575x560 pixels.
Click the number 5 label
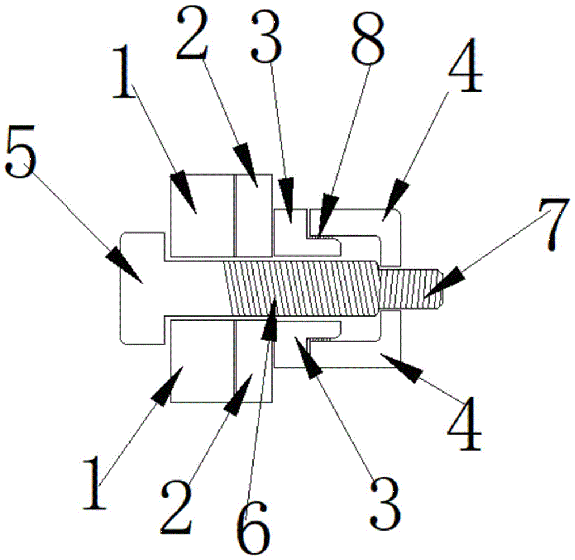click(21, 151)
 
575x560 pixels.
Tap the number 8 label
click(368, 39)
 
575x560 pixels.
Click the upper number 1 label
click(124, 71)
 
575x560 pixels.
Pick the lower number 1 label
click(95, 483)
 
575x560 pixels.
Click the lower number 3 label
click(385, 503)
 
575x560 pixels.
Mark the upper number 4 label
click(465, 65)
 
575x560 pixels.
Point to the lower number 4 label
click(464, 424)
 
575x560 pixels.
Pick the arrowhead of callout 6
click(271, 320)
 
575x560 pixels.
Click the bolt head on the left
click(142, 288)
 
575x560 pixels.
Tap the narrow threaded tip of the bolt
click(411, 289)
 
